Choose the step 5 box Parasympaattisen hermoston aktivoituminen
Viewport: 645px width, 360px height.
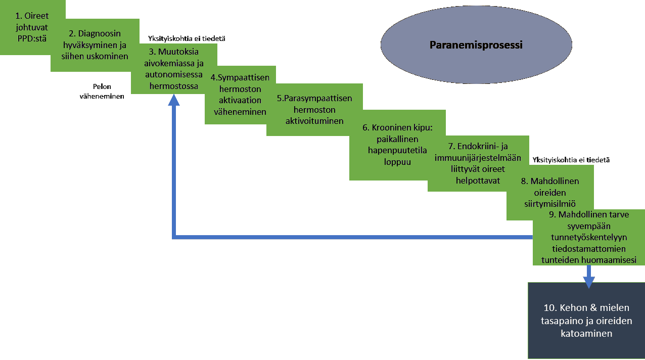314,109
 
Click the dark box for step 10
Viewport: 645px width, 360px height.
586,320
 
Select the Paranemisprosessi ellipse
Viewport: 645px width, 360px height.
476,45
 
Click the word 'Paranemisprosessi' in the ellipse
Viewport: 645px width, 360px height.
476,45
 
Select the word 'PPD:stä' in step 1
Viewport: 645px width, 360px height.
32,37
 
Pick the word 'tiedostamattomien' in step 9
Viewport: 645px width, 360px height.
589,249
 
